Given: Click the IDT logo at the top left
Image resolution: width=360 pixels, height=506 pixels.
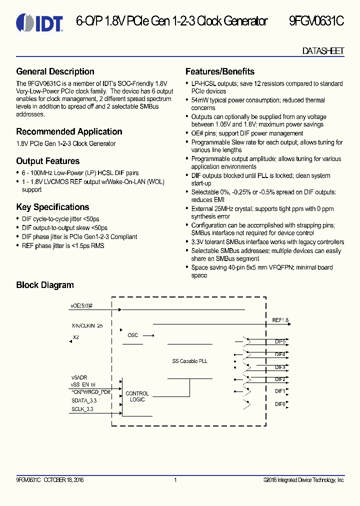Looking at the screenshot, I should (39, 22).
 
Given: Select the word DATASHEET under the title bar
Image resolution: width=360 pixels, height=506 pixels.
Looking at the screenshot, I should (323, 51).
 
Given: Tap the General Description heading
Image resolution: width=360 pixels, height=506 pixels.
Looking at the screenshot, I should (55, 71).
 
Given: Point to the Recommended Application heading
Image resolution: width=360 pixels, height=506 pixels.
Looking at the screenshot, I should (69, 131).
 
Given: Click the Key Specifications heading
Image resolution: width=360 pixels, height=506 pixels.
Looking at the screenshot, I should (52, 207).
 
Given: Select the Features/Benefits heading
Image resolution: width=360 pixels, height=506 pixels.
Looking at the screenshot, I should (220, 71).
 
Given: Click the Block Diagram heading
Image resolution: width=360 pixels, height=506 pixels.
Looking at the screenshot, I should (45, 285).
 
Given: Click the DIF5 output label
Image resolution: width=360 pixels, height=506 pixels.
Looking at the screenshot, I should (280, 341).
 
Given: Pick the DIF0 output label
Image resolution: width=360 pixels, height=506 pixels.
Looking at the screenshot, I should (280, 404).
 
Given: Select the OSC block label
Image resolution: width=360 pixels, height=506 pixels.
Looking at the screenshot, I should (132, 335).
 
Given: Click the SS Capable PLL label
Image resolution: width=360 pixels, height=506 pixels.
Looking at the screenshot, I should (189, 360).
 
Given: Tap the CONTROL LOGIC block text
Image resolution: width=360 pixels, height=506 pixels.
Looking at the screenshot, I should (137, 396).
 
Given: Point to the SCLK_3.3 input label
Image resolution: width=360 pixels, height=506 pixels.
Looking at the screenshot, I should (82, 409).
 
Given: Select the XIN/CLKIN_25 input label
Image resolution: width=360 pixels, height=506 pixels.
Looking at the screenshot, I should (87, 325).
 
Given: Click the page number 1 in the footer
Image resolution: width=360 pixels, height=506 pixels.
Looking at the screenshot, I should (175, 480).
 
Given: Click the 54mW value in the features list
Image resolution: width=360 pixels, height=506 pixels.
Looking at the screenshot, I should (198, 100).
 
